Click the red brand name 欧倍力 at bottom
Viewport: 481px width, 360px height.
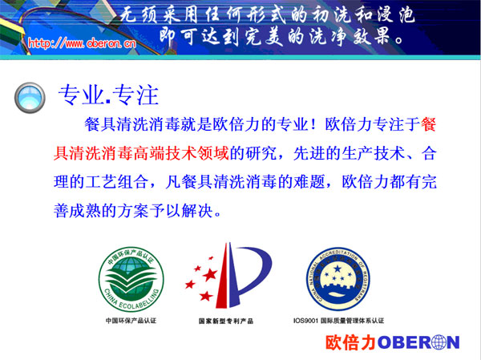point(350,342)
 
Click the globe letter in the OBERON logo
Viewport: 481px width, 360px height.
point(431,342)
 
